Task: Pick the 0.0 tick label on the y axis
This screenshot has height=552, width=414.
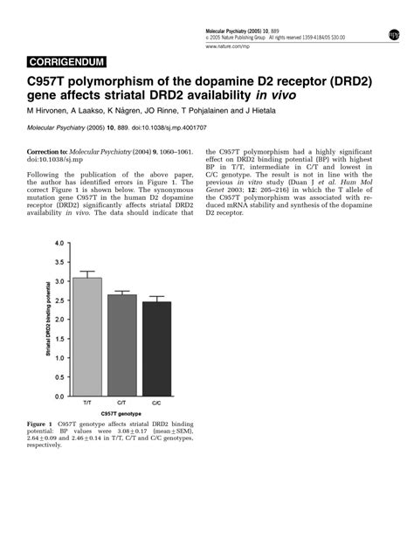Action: [59, 397]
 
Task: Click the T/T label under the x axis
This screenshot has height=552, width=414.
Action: [87, 404]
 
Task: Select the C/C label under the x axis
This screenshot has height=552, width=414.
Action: [156, 404]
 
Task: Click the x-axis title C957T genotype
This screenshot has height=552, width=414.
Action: [122, 413]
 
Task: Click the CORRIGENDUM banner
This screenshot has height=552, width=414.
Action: [67, 62]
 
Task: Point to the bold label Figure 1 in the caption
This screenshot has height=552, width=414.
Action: [40, 424]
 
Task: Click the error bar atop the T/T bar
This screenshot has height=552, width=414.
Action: [87, 274]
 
